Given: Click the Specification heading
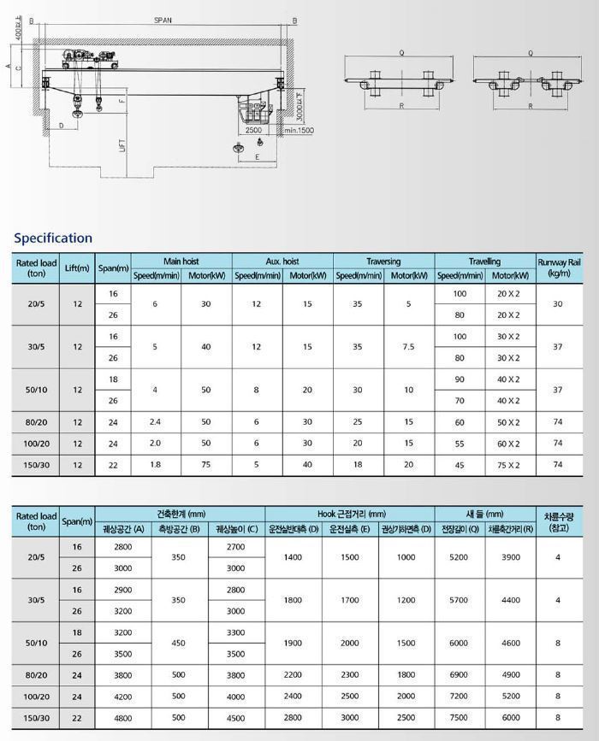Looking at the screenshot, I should coord(53,238).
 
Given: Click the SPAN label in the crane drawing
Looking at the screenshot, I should coord(163,19).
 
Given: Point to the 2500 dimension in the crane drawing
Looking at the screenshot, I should coord(253,131).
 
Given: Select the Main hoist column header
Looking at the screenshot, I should coord(181,261).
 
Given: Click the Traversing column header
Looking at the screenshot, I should coord(383,261).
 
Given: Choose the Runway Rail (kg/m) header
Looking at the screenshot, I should coord(558,268).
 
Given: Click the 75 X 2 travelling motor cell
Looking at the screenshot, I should coord(508,465).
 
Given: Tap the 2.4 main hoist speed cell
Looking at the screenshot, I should coord(155,422).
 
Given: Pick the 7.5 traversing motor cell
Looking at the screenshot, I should coord(408,347).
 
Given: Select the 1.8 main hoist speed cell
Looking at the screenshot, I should coord(155,465).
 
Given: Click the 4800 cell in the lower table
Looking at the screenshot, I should coord(122,718).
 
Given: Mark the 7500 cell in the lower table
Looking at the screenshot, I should coord(459,718).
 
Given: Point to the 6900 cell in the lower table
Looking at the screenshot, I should coord(459,675).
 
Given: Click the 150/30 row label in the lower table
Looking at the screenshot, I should coord(36,718).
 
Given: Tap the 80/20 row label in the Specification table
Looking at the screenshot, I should coord(36,422).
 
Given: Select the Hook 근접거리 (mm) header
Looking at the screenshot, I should coord(350,514).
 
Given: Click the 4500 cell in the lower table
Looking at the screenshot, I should coord(235,718).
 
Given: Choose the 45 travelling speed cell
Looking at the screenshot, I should coord(460,465).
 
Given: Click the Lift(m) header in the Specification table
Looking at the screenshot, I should coord(77,268).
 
